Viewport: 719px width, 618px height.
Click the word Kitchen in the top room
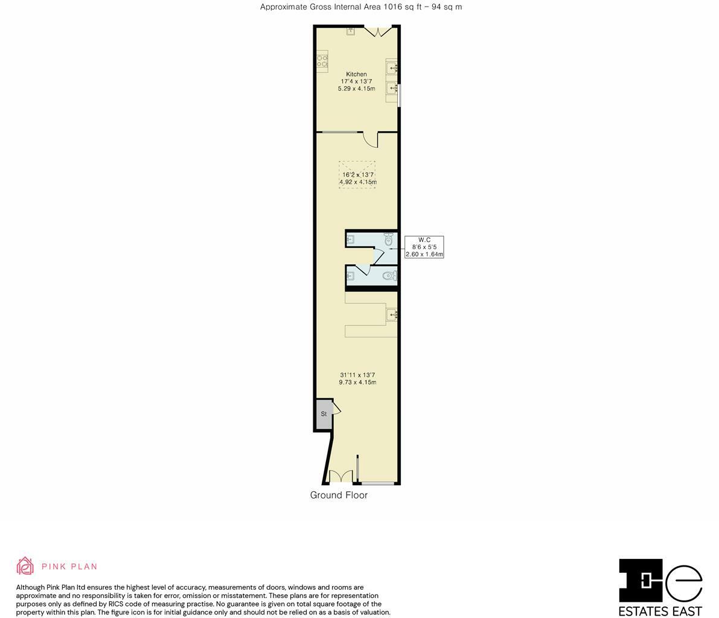356,74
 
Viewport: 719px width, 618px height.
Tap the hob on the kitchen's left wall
322,61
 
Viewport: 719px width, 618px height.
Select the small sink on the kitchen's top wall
350,30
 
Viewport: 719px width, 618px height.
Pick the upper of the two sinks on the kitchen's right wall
392,68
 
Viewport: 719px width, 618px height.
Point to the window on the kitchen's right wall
399,96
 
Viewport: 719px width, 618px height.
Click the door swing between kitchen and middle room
369,139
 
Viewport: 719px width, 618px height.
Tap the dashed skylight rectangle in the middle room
357,174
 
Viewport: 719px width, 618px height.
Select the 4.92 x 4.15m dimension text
357,182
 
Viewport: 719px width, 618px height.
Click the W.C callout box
424,247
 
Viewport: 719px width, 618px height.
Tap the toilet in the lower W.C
390,276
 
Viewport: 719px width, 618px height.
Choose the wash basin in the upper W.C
350,240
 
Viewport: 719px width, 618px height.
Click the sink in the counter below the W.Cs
392,314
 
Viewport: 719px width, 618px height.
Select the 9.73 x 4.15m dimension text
357,383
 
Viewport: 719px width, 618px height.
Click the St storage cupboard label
324,414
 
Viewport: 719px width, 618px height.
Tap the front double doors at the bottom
340,477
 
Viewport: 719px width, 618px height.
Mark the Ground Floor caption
339,495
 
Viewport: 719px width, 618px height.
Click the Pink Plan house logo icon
25,566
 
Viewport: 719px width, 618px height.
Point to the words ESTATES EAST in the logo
660,611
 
